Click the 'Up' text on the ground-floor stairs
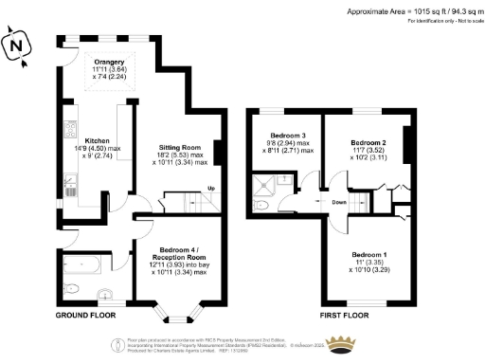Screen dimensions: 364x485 tap(210, 190)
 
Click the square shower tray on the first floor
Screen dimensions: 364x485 tap(261, 184)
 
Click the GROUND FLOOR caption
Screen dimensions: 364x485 tap(85, 314)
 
